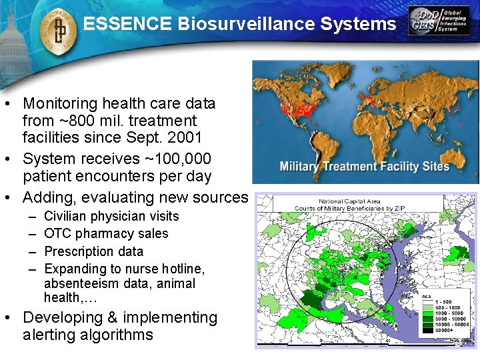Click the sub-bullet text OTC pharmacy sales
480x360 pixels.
tap(106, 234)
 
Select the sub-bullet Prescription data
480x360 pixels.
tap(93, 251)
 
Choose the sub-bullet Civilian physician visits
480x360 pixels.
tap(111, 216)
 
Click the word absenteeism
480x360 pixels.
tap(80, 283)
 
